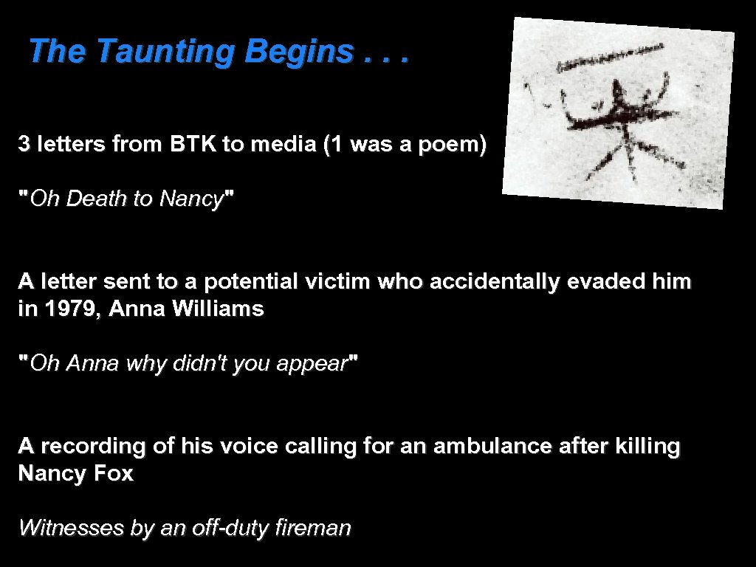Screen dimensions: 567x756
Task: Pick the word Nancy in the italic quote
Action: [190, 199]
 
